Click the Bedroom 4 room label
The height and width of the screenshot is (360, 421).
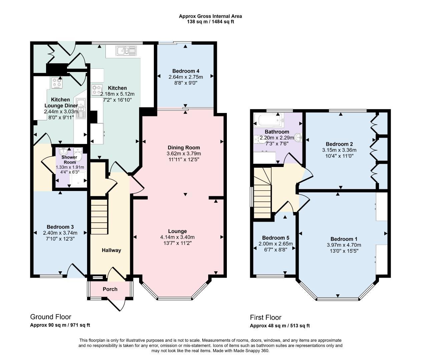pyautogui.click(x=186, y=71)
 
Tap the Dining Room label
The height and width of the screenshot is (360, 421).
pyautogui.click(x=183, y=148)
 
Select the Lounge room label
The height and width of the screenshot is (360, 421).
pyautogui.click(x=177, y=231)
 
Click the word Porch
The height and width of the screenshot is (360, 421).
pyautogui.click(x=110, y=289)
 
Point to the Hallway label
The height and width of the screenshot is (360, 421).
pyautogui.click(x=111, y=250)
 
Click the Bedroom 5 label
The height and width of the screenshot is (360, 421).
pyautogui.click(x=276, y=238)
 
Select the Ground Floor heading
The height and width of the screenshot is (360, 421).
pyautogui.click(x=51, y=317)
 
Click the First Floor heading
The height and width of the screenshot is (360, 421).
pyautogui.click(x=266, y=317)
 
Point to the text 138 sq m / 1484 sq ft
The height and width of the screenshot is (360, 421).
pyautogui.click(x=210, y=22)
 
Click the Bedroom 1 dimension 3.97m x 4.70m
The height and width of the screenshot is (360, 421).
pyautogui.click(x=344, y=245)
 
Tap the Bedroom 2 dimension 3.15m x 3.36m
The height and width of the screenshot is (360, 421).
pyautogui.click(x=337, y=150)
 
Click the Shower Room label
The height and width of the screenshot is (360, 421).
pyautogui.click(x=70, y=160)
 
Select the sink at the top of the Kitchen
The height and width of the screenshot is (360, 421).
pyautogui.click(x=126, y=51)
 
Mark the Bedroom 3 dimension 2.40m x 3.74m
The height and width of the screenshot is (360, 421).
pyautogui.click(x=60, y=233)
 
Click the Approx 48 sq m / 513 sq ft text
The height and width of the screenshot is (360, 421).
pyautogui.click(x=280, y=326)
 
